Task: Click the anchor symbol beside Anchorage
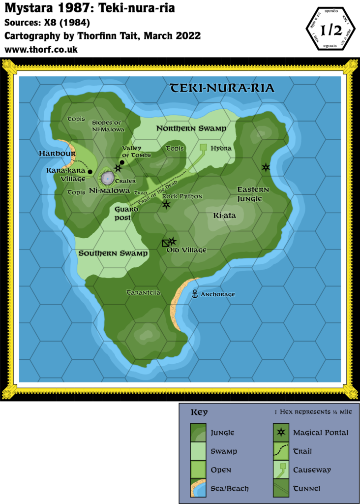click(194, 294)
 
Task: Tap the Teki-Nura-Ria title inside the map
click(222, 88)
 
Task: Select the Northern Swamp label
click(191, 128)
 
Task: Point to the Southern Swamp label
click(113, 253)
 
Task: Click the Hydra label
click(221, 148)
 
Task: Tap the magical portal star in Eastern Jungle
click(266, 167)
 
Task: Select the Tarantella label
click(144, 292)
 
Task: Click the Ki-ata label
click(222, 215)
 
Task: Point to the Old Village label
click(186, 250)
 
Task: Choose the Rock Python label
click(182, 196)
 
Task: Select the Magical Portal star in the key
click(281, 433)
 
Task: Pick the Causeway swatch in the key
click(281, 470)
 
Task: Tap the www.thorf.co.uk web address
click(41, 50)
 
